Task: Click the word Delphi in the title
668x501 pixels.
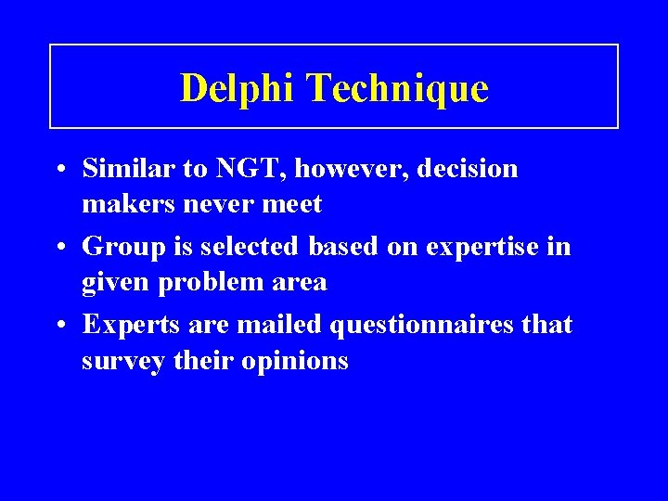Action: pyautogui.click(x=238, y=89)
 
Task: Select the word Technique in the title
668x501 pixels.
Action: pyautogui.click(x=396, y=89)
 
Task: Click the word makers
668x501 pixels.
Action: pyautogui.click(x=124, y=203)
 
